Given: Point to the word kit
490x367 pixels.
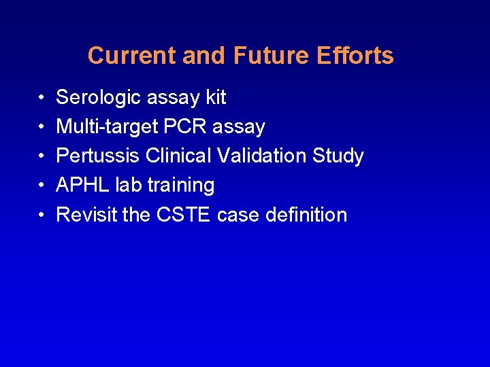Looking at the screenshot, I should tap(215, 98).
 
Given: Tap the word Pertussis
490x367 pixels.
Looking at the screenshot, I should tap(98, 156).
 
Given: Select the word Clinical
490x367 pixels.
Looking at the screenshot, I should tap(179, 156).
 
